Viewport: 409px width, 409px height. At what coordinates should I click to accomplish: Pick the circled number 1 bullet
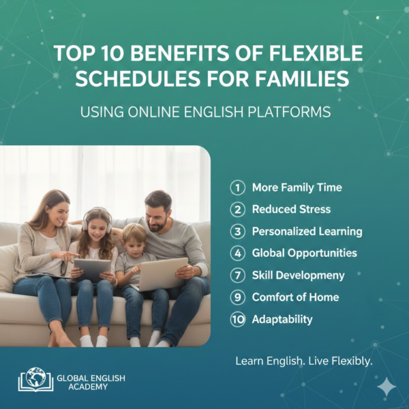click(x=237, y=187)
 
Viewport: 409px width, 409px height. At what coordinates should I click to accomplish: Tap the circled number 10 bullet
click(x=237, y=319)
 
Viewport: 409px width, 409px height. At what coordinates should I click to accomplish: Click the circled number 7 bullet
click(x=237, y=275)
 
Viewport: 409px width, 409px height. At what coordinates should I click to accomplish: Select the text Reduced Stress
click(x=290, y=209)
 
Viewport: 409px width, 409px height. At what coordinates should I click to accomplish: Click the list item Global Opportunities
click(x=304, y=253)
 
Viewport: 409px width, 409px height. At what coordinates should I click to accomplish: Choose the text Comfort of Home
click(x=295, y=297)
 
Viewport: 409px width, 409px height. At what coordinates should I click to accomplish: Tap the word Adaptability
click(x=283, y=319)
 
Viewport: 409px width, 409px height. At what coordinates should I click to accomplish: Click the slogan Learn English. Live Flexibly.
click(x=303, y=361)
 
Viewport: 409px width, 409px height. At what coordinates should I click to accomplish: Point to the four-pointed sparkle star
click(x=387, y=387)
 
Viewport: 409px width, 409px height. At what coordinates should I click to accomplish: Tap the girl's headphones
click(x=96, y=217)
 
